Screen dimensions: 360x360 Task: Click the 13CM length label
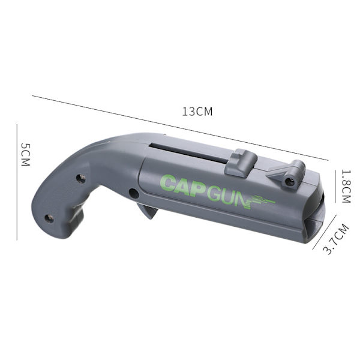pyautogui.click(x=197, y=112)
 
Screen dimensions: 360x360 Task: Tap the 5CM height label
pyautogui.click(x=25, y=155)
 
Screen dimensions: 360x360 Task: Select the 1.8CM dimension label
pyautogui.click(x=346, y=186)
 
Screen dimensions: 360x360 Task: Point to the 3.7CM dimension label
pyautogui.click(x=336, y=239)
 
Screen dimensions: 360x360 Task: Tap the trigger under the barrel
pyautogui.click(x=147, y=211)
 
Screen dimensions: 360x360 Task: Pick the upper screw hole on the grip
pyautogui.click(x=81, y=179)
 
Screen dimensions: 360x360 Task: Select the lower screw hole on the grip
pyautogui.click(x=49, y=219)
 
